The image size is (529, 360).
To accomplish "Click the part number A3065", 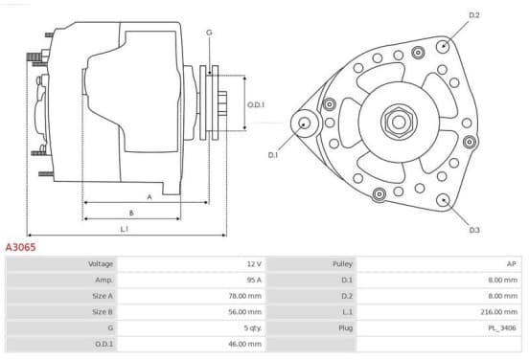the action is click(20, 247).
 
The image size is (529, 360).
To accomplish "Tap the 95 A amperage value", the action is click(254, 280).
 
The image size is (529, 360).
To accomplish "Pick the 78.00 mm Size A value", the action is click(244, 296).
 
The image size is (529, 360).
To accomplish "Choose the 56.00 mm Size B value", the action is click(244, 312).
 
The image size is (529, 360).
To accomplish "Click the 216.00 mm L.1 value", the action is click(498, 312).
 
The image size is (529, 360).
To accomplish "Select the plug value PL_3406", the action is click(502, 328).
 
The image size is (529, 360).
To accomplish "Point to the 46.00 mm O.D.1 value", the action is click(244, 344).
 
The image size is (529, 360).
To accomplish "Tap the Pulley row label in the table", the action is click(342, 264).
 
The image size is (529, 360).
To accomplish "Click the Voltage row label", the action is click(101, 264).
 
